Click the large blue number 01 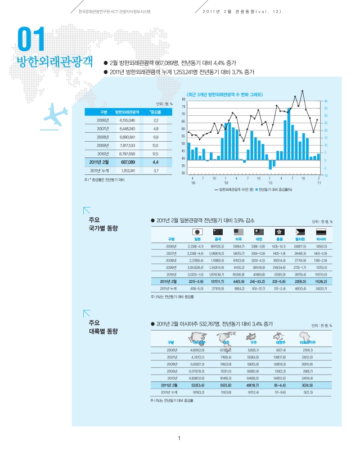click(31, 40)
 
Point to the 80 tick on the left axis click(184, 100)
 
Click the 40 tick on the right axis click(325, 101)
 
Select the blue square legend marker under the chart click(256, 190)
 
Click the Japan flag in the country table click(197, 232)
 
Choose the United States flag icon click(238, 232)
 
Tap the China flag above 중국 click(218, 232)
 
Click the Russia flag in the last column click(321, 232)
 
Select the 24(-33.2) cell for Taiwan click(259, 281)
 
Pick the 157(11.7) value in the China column click(218, 281)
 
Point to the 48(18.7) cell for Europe click(254, 384)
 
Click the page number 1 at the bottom click(178, 439)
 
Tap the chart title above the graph click(225, 94)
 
